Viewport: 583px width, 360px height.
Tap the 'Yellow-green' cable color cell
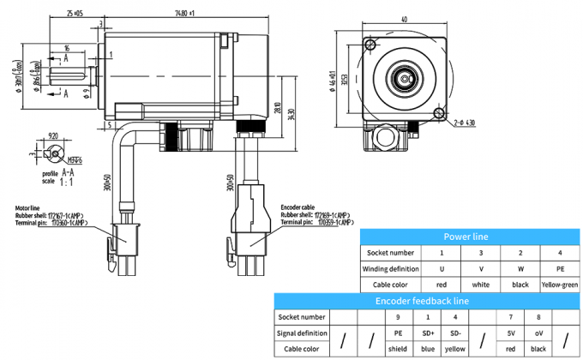561,283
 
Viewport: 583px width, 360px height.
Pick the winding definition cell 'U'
442,268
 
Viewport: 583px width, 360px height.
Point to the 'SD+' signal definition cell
428,333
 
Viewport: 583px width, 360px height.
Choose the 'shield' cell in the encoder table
398,348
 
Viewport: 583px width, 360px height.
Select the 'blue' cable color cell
428,348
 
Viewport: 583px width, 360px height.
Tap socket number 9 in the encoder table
398,317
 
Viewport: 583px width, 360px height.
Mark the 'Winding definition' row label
390,268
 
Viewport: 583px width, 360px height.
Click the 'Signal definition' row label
302,333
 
